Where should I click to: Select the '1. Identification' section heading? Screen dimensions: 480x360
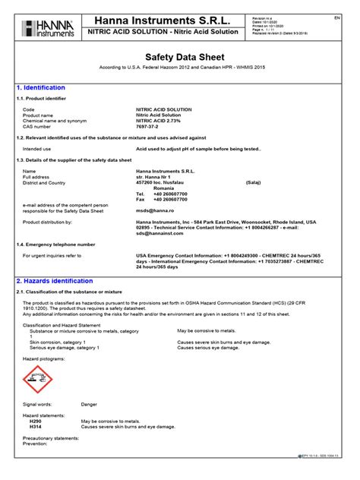41,88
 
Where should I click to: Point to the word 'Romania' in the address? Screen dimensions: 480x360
158,188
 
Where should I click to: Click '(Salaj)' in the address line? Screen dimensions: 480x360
254,182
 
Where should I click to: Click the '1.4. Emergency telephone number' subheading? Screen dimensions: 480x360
56,245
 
